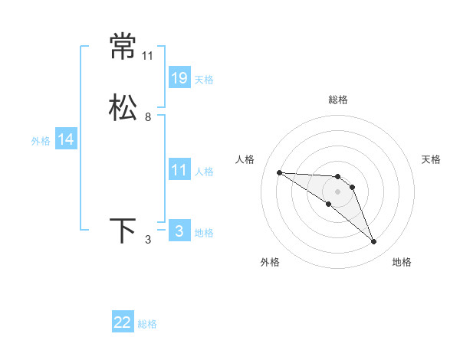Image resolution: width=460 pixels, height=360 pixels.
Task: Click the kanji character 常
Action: coord(123,46)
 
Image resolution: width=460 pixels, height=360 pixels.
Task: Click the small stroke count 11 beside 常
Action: coord(148,56)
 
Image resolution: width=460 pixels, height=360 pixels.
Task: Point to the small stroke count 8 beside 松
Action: coord(148,117)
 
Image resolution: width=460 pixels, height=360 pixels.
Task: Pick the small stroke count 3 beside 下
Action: coord(148,240)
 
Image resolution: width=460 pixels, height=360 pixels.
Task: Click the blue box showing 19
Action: coord(179,77)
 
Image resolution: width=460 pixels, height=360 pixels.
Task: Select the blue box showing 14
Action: coord(66,139)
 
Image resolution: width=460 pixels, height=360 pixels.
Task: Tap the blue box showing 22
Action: coord(123,322)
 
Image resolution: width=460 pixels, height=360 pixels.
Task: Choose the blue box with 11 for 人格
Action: coord(179,170)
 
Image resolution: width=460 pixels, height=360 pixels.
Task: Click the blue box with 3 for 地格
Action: coord(179,231)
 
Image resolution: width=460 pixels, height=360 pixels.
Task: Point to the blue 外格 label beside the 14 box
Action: coord(41,140)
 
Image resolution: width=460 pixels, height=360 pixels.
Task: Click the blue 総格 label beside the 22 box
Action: coord(147,324)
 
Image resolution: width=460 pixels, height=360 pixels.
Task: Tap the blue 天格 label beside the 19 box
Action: coord(204,79)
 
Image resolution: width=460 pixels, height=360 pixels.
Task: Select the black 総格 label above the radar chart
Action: coord(337,100)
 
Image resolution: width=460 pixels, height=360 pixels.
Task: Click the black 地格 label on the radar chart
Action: coord(402,262)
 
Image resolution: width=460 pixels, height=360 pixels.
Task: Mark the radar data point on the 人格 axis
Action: coord(279,172)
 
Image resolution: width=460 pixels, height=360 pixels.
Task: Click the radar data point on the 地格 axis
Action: coord(374,242)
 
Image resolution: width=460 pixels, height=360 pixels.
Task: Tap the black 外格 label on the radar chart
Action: coord(270,262)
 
